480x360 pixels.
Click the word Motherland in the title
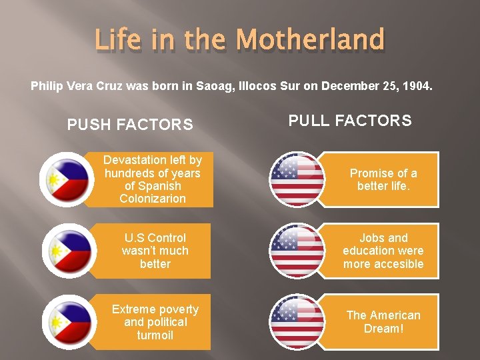311,39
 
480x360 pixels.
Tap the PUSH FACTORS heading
131,125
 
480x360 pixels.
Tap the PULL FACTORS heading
350,121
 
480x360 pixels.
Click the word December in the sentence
347,86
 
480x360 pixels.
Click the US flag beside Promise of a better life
297,179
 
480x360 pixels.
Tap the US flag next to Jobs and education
297,251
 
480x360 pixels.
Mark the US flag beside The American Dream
297,322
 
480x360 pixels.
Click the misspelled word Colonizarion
153,199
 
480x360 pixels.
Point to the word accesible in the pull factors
399,264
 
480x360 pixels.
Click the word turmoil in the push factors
155,335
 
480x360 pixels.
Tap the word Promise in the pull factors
371,173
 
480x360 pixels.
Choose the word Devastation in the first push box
135,160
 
